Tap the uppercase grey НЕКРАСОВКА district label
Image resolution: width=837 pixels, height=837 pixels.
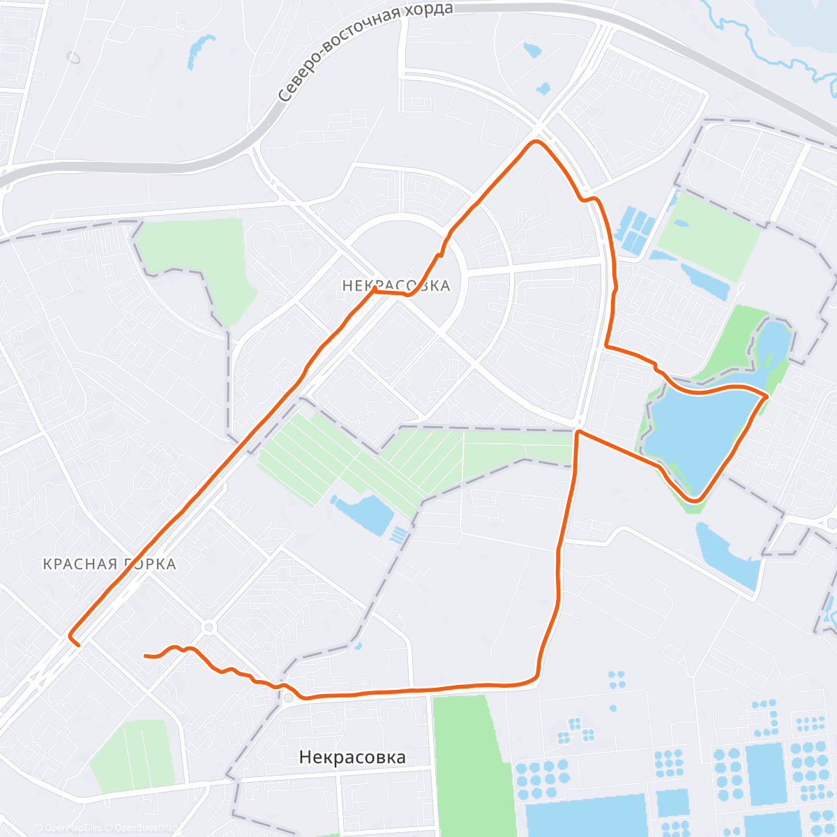396,286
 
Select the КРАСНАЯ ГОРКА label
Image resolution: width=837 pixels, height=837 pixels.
110,564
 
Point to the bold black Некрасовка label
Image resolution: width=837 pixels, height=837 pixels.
352,757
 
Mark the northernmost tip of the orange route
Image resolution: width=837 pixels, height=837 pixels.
536,142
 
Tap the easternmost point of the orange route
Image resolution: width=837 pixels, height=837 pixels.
768,395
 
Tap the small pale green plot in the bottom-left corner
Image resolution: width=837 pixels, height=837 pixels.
133,753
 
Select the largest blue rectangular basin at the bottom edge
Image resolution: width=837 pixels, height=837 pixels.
586,816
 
